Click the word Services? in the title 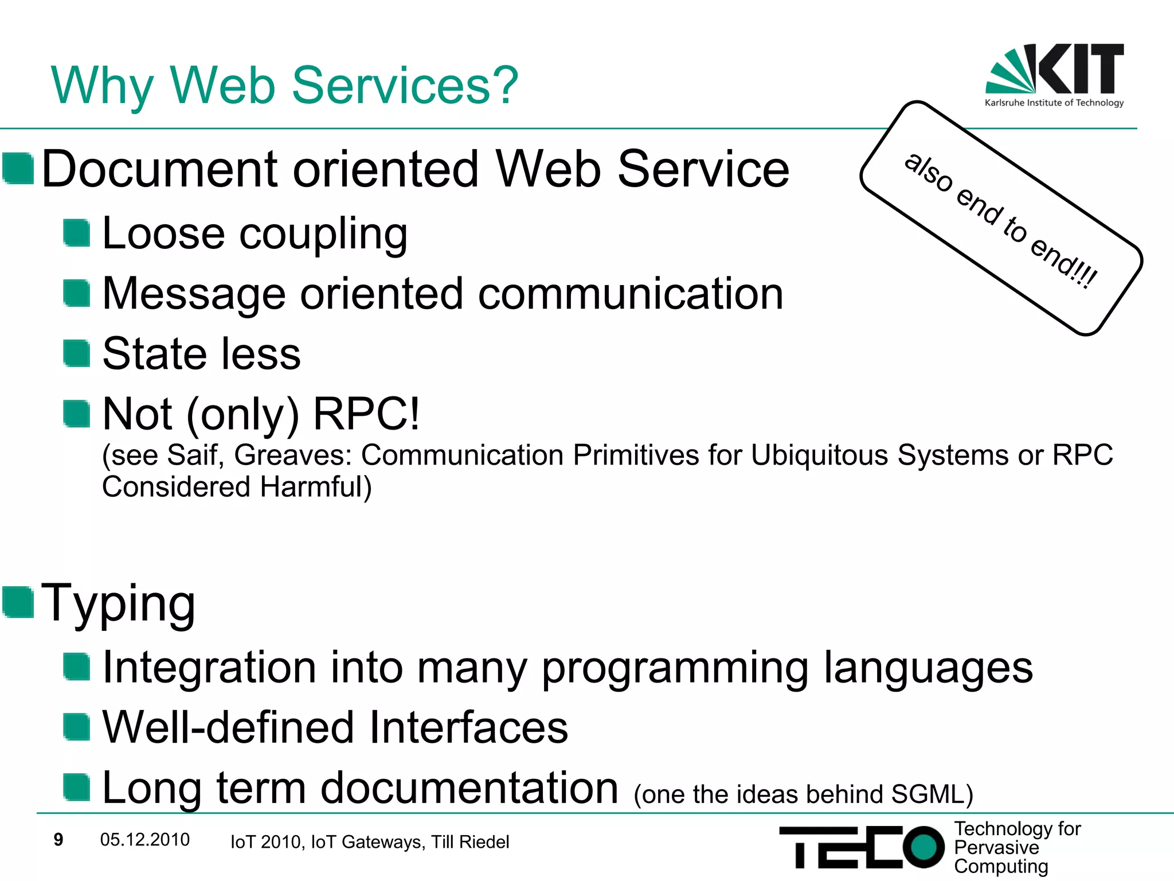coord(405,86)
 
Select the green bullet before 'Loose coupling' coord(76,233)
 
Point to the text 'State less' coord(201,354)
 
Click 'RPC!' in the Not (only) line coord(367,414)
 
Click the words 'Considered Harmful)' coord(237,487)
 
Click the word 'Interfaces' coord(468,728)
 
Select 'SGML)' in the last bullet coord(932,794)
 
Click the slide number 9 coord(58,840)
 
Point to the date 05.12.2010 coord(144,840)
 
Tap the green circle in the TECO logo coord(923,847)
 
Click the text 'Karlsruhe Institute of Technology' coord(1054,103)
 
